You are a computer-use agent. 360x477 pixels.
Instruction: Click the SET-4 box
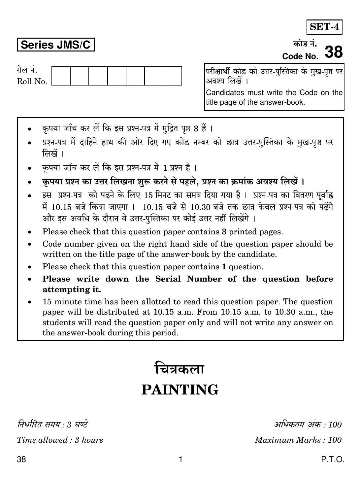tap(324, 27)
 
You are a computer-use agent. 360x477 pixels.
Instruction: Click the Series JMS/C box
tap(55, 45)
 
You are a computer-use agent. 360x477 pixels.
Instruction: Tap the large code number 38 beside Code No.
tap(334, 52)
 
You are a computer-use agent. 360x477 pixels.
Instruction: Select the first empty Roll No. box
tap(61, 76)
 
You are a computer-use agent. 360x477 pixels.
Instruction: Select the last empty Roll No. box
tap(172, 76)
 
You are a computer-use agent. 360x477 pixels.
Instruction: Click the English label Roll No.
tap(32, 82)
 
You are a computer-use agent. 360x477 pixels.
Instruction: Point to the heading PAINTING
tap(180, 390)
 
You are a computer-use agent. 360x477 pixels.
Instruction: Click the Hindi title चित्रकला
tap(180, 369)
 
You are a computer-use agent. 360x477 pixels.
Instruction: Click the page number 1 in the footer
tap(180, 460)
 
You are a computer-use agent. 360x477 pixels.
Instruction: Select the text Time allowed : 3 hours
tap(60, 440)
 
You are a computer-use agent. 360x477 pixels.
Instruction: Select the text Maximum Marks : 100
tap(298, 440)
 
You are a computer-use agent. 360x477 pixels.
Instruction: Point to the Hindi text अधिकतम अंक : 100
tap(308, 425)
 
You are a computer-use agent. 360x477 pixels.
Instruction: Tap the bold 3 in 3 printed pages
tap(224, 232)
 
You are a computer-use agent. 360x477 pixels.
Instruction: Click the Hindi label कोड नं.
tap(305, 44)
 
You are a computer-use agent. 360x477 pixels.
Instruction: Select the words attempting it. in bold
tap(72, 290)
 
